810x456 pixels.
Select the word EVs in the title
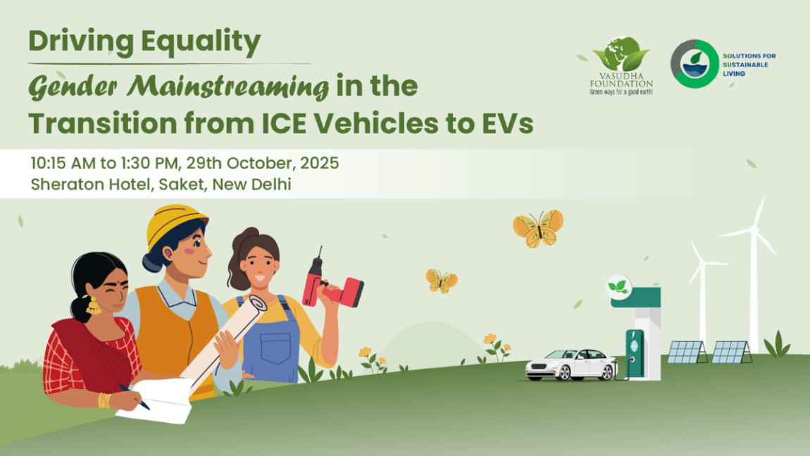pyautogui.click(x=505, y=125)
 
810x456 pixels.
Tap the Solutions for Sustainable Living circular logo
pyautogui.click(x=694, y=64)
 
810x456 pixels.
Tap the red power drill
pyautogui.click(x=330, y=286)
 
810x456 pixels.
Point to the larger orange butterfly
pyautogui.click(x=538, y=228)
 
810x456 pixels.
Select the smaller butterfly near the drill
pyautogui.click(x=442, y=281)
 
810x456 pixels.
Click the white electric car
pyautogui.click(x=571, y=364)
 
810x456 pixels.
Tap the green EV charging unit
pyautogui.click(x=635, y=353)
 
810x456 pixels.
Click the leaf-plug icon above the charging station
pyautogui.click(x=619, y=286)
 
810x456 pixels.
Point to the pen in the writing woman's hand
pyautogui.click(x=134, y=396)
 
